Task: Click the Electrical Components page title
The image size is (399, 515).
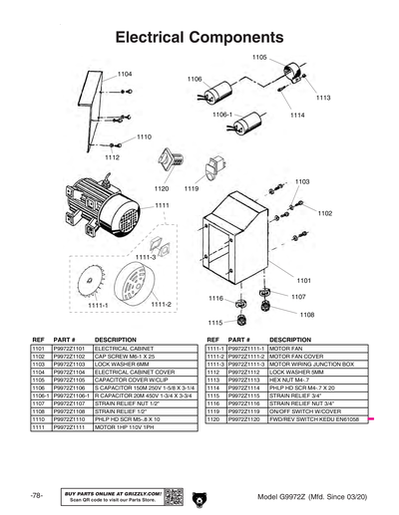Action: pos(199,38)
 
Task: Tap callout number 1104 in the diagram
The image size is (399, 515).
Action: pos(125,75)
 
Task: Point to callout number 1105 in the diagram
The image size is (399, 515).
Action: pos(259,58)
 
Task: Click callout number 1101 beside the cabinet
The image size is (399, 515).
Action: pos(304,281)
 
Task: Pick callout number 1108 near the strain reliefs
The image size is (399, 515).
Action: pos(307,315)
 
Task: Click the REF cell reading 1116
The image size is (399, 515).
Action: pos(212,402)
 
